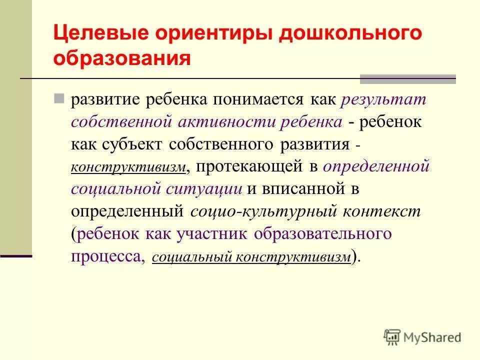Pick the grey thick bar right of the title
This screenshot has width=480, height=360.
[x=407, y=79]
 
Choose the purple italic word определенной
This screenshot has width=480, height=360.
[x=376, y=166]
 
